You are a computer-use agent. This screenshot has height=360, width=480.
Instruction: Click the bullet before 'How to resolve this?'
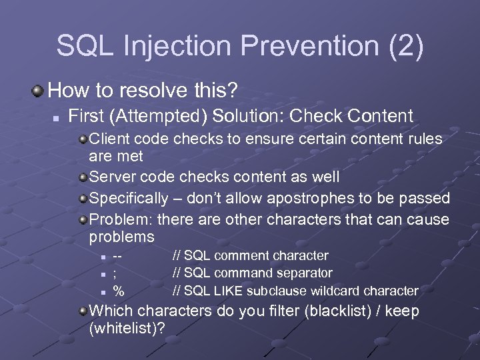coord(41,89)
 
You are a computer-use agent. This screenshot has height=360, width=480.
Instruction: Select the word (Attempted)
coord(155,115)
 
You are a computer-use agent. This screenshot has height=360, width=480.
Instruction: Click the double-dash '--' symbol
coord(118,256)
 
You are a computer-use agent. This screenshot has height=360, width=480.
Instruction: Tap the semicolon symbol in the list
coord(116,273)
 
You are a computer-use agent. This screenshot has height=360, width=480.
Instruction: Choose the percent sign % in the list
coord(118,291)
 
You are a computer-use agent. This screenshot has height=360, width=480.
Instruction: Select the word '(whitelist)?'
coord(127,329)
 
